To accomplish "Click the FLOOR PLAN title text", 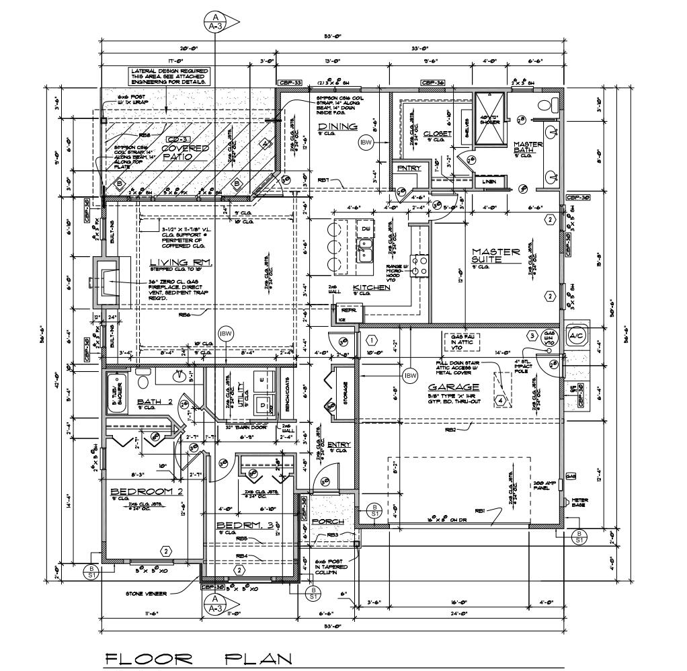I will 199,658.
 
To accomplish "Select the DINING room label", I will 337,126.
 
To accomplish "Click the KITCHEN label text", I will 372,288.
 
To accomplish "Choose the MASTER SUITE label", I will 495,255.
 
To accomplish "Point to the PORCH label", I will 329,522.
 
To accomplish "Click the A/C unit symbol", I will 575,335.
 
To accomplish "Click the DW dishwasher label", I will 366,229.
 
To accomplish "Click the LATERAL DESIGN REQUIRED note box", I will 169,76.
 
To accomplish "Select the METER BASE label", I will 579,503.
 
